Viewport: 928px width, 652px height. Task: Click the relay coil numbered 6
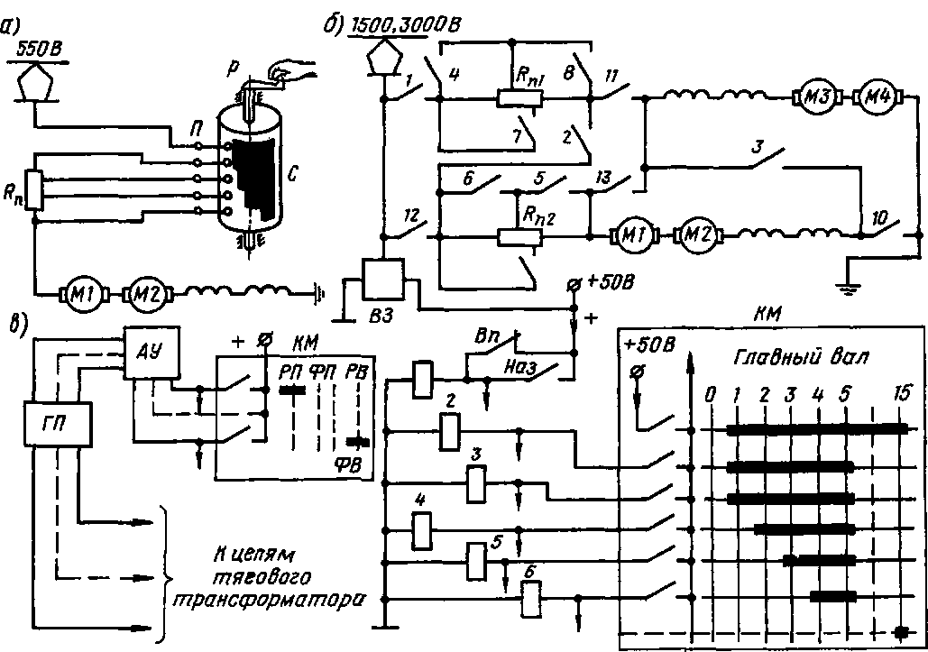(x=533, y=599)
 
